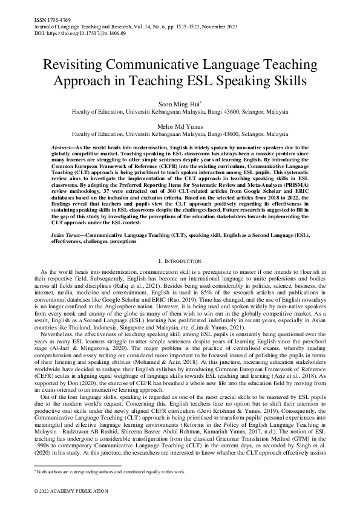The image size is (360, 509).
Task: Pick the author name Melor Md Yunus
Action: pyautogui.click(x=180, y=125)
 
